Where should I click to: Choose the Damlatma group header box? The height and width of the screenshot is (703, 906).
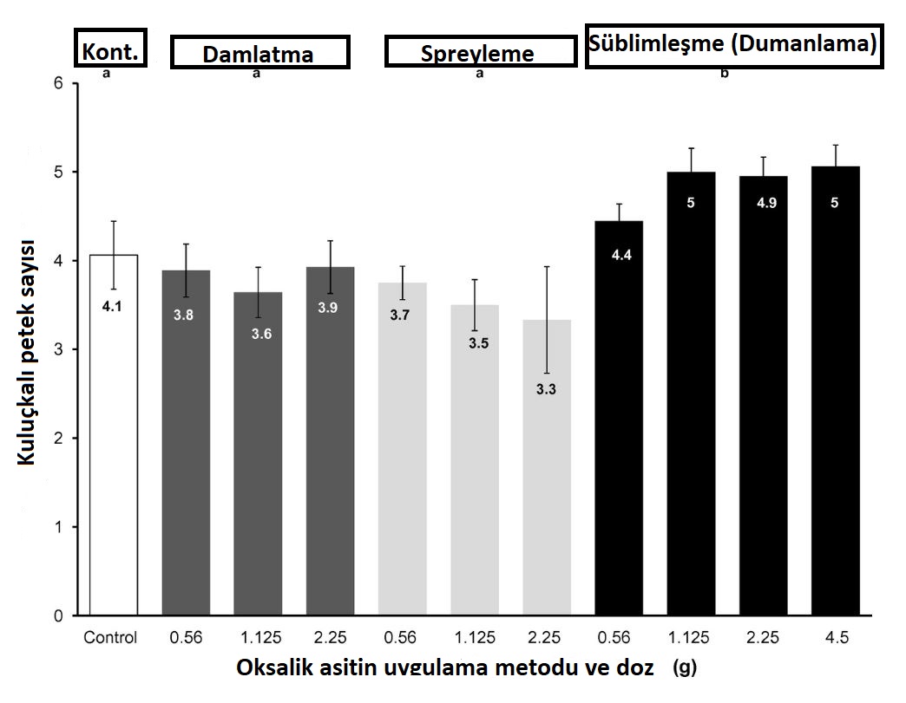click(259, 53)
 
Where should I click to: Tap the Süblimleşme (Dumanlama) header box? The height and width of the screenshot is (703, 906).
click(733, 46)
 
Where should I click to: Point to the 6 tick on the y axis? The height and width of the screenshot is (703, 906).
click(58, 83)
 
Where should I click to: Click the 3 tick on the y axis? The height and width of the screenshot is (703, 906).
click(58, 349)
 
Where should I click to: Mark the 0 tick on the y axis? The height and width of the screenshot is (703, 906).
click(58, 616)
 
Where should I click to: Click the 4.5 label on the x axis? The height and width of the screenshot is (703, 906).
click(834, 638)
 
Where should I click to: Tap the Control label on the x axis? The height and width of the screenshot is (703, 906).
click(111, 638)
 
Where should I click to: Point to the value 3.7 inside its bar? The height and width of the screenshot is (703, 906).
click(400, 315)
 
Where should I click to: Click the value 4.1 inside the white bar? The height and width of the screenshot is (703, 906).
click(113, 305)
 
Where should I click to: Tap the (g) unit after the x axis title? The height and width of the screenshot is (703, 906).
click(685, 669)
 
